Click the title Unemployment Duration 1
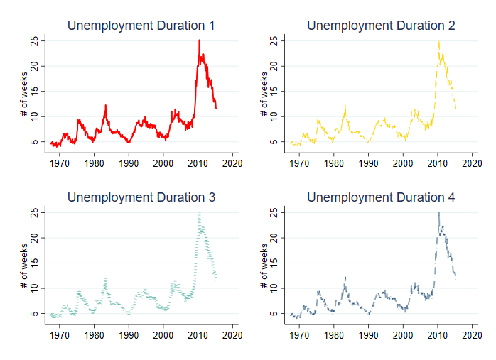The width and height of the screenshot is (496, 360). coord(141,26)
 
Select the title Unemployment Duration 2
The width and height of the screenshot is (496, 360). coord(381,26)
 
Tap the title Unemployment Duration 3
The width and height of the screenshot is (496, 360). coord(141,197)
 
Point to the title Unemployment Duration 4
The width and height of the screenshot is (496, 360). coord(381,197)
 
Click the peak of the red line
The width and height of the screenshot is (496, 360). coord(199,40)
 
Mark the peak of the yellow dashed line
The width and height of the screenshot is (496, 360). coord(439,40)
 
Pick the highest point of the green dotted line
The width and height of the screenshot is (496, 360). coord(199,212)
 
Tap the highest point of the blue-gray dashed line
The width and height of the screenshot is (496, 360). coord(439,212)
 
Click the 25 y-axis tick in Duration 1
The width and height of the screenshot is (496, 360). coord(33,41)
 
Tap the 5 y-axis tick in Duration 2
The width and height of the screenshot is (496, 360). coord(274,142)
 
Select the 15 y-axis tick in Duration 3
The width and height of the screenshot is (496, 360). coord(33,263)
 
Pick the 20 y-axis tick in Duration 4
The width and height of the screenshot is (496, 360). coord(274,238)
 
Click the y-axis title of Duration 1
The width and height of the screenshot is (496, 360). coord(23,92)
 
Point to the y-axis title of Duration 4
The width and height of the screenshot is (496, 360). coord(263,263)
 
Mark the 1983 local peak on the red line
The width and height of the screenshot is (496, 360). coord(105,105)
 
